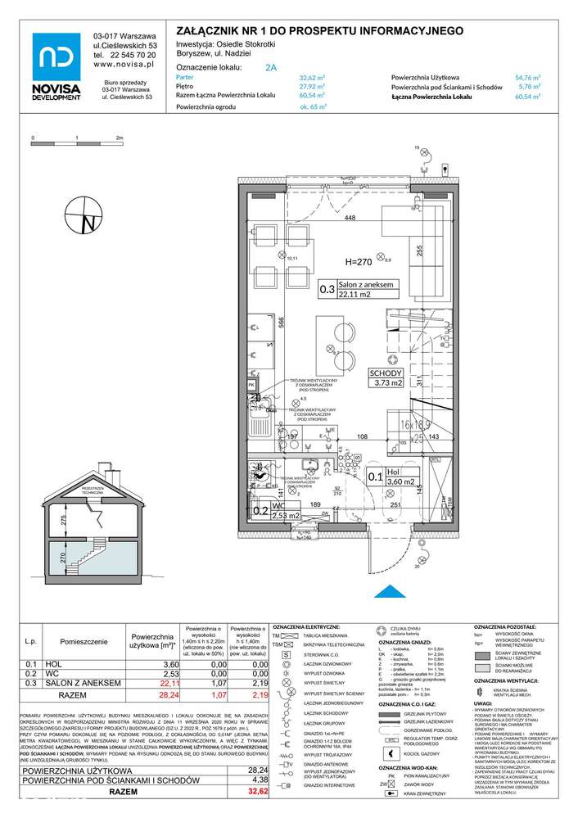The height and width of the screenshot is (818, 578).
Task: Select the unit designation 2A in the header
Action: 270,70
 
